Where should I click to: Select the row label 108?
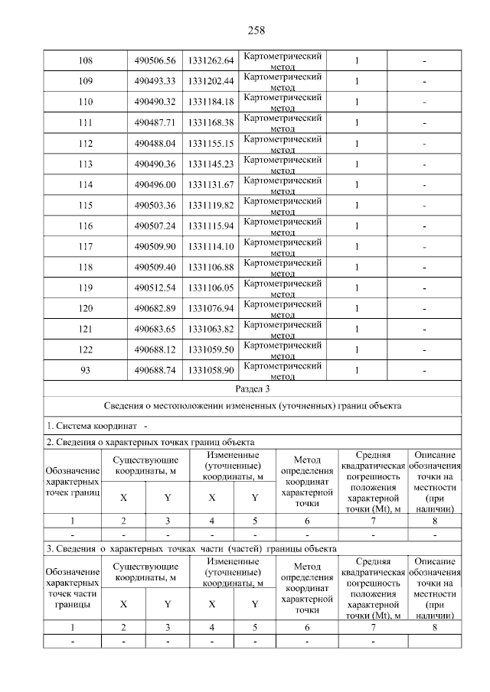pyautogui.click(x=85, y=60)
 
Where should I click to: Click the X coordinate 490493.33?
pyautogui.click(x=155, y=81)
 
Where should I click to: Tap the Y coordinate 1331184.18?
pyautogui.click(x=211, y=102)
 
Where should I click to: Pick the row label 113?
pyautogui.click(x=85, y=164)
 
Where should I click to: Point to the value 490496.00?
pyautogui.click(x=155, y=184)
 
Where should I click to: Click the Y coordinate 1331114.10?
pyautogui.click(x=211, y=246)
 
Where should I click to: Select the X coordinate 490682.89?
pyautogui.click(x=155, y=308)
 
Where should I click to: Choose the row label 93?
pyautogui.click(x=85, y=370)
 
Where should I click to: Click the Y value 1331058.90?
pyautogui.click(x=211, y=370)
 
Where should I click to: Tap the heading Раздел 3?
pyautogui.click(x=252, y=389)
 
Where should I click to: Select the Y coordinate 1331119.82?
pyautogui.click(x=211, y=205)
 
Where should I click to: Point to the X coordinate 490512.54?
pyautogui.click(x=155, y=288)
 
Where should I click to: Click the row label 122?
pyautogui.click(x=85, y=349)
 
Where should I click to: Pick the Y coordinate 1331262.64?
pyautogui.click(x=211, y=60)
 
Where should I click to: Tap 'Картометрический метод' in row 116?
pyautogui.click(x=282, y=226)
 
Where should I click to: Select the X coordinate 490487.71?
pyautogui.click(x=155, y=122)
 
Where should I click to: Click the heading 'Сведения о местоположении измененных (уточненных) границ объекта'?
pyautogui.click(x=252, y=406)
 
